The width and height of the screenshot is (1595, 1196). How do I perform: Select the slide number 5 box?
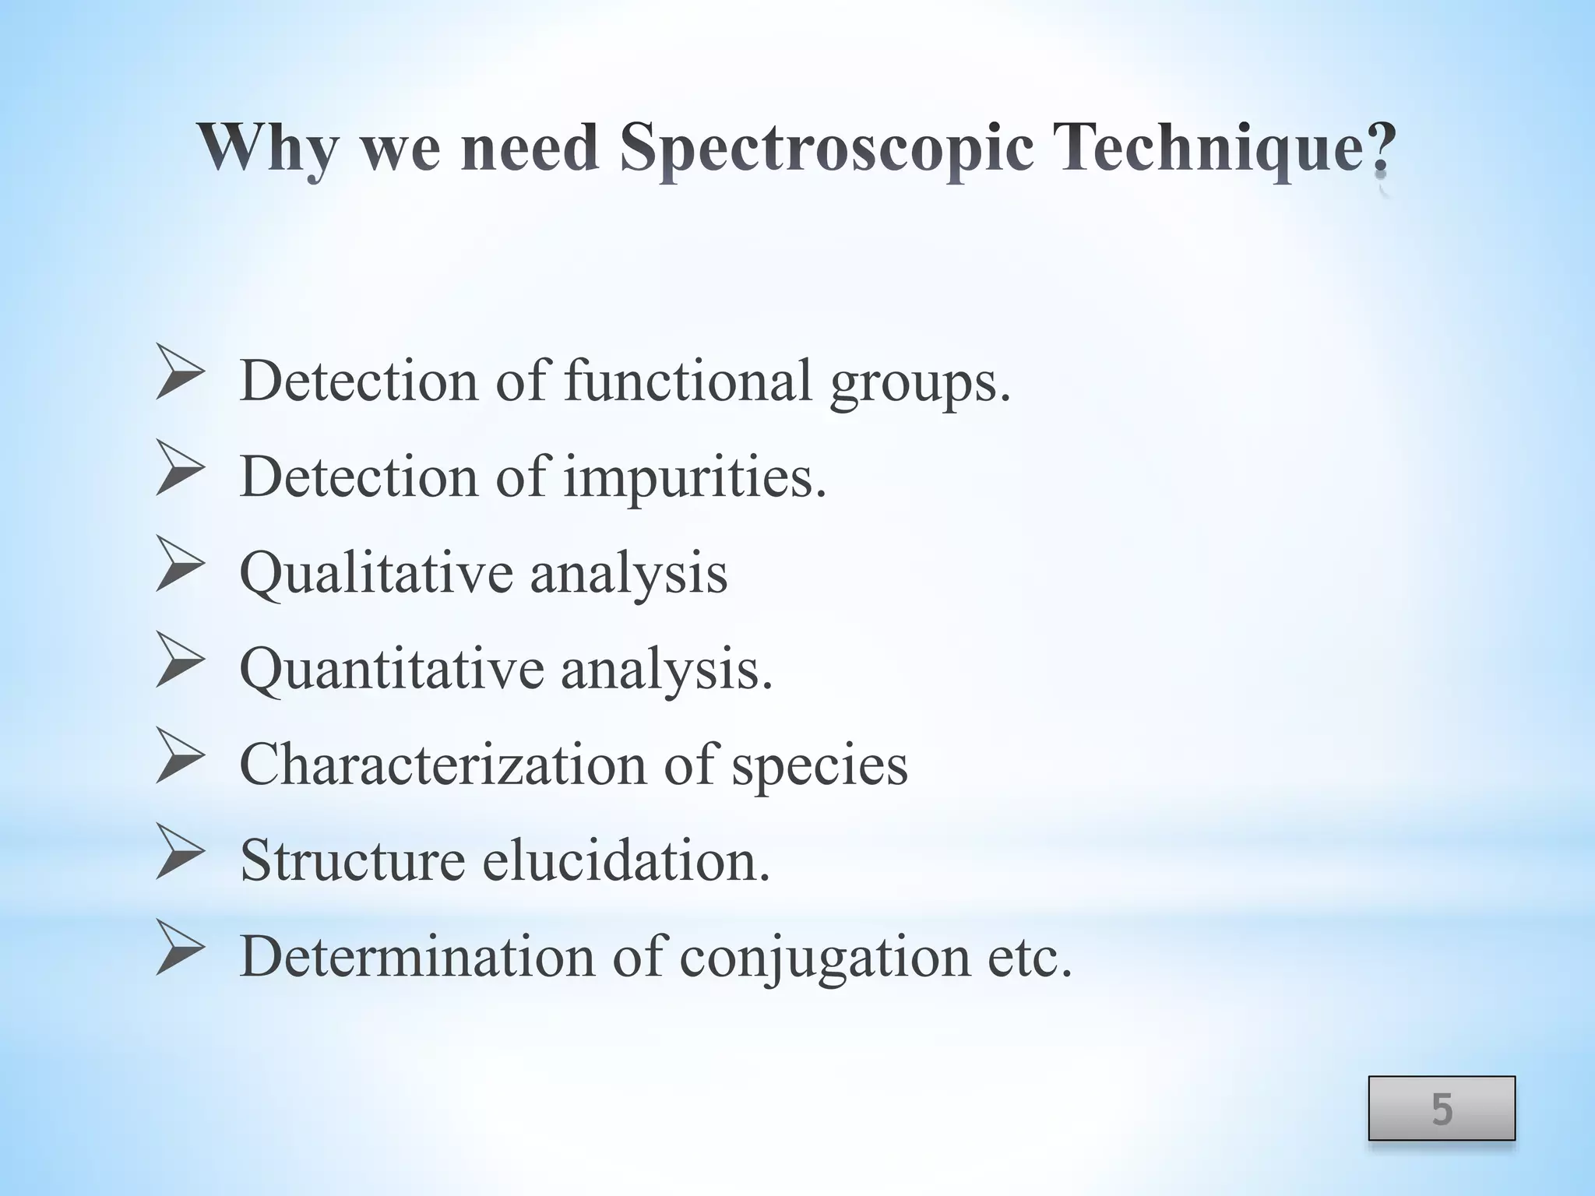coord(1442,1108)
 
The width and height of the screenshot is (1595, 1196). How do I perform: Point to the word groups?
coord(920,383)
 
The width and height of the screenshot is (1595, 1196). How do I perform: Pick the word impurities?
coord(695,477)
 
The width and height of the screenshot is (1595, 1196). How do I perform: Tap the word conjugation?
coord(825,959)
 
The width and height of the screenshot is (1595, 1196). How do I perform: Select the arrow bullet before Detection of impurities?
coord(180,467)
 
